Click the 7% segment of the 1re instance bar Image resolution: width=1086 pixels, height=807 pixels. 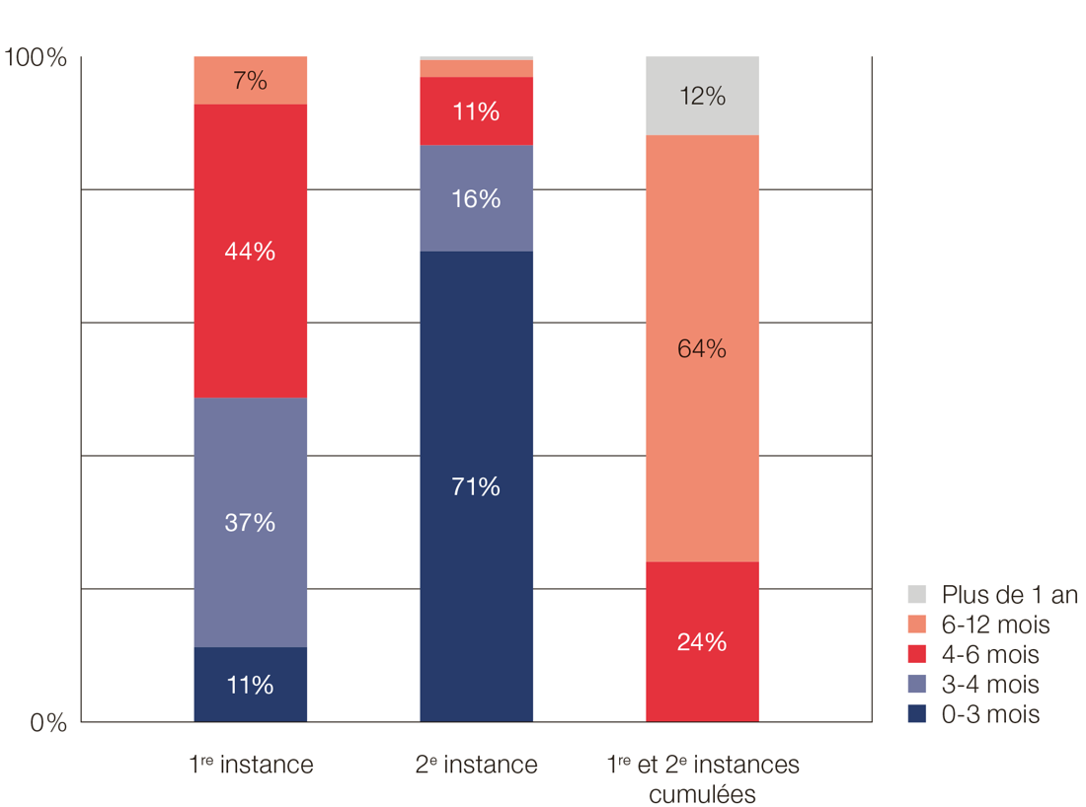pyautogui.click(x=250, y=81)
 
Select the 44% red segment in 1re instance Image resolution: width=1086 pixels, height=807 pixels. pyautogui.click(x=250, y=251)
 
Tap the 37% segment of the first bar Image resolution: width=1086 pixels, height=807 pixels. pyautogui.click(x=250, y=522)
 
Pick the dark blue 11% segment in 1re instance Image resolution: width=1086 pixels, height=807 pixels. pyautogui.click(x=250, y=685)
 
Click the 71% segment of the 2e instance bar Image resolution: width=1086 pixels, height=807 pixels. pyautogui.click(x=476, y=486)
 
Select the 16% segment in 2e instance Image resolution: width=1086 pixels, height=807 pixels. pyautogui.click(x=476, y=198)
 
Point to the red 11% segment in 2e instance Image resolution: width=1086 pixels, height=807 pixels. pyautogui.click(x=476, y=111)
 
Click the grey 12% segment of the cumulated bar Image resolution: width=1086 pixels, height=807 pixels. pyautogui.click(x=702, y=96)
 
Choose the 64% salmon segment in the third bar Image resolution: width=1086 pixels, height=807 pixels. pyautogui.click(x=702, y=348)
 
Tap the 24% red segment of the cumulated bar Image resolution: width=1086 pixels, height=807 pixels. pyautogui.click(x=702, y=641)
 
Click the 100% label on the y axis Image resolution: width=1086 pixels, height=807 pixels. pyautogui.click(x=36, y=58)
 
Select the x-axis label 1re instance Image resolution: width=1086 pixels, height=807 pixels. pyautogui.click(x=251, y=765)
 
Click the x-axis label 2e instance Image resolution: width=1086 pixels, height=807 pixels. pyautogui.click(x=477, y=765)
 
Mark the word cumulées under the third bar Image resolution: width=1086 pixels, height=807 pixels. pyautogui.click(x=702, y=793)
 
